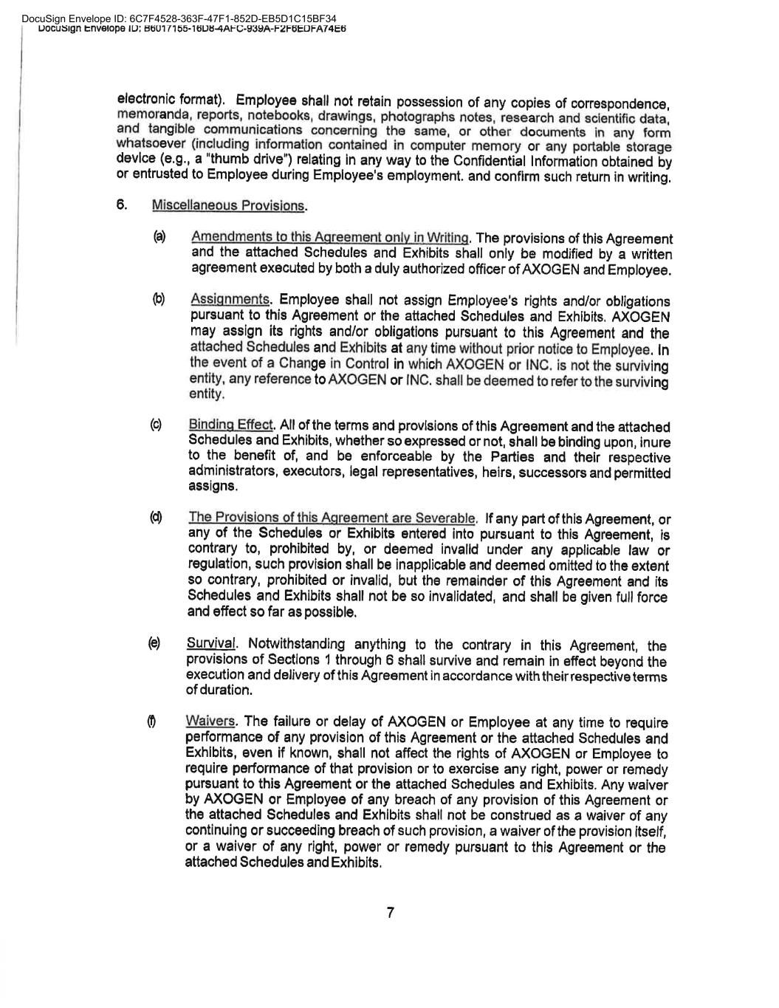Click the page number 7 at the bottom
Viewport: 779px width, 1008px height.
click(390, 913)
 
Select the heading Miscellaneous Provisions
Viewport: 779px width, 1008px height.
click(229, 205)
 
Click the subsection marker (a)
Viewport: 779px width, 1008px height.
click(159, 237)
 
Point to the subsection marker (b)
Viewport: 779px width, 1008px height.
click(158, 299)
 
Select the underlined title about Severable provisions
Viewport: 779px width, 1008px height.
click(333, 518)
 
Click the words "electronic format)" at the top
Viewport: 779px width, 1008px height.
click(171, 99)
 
